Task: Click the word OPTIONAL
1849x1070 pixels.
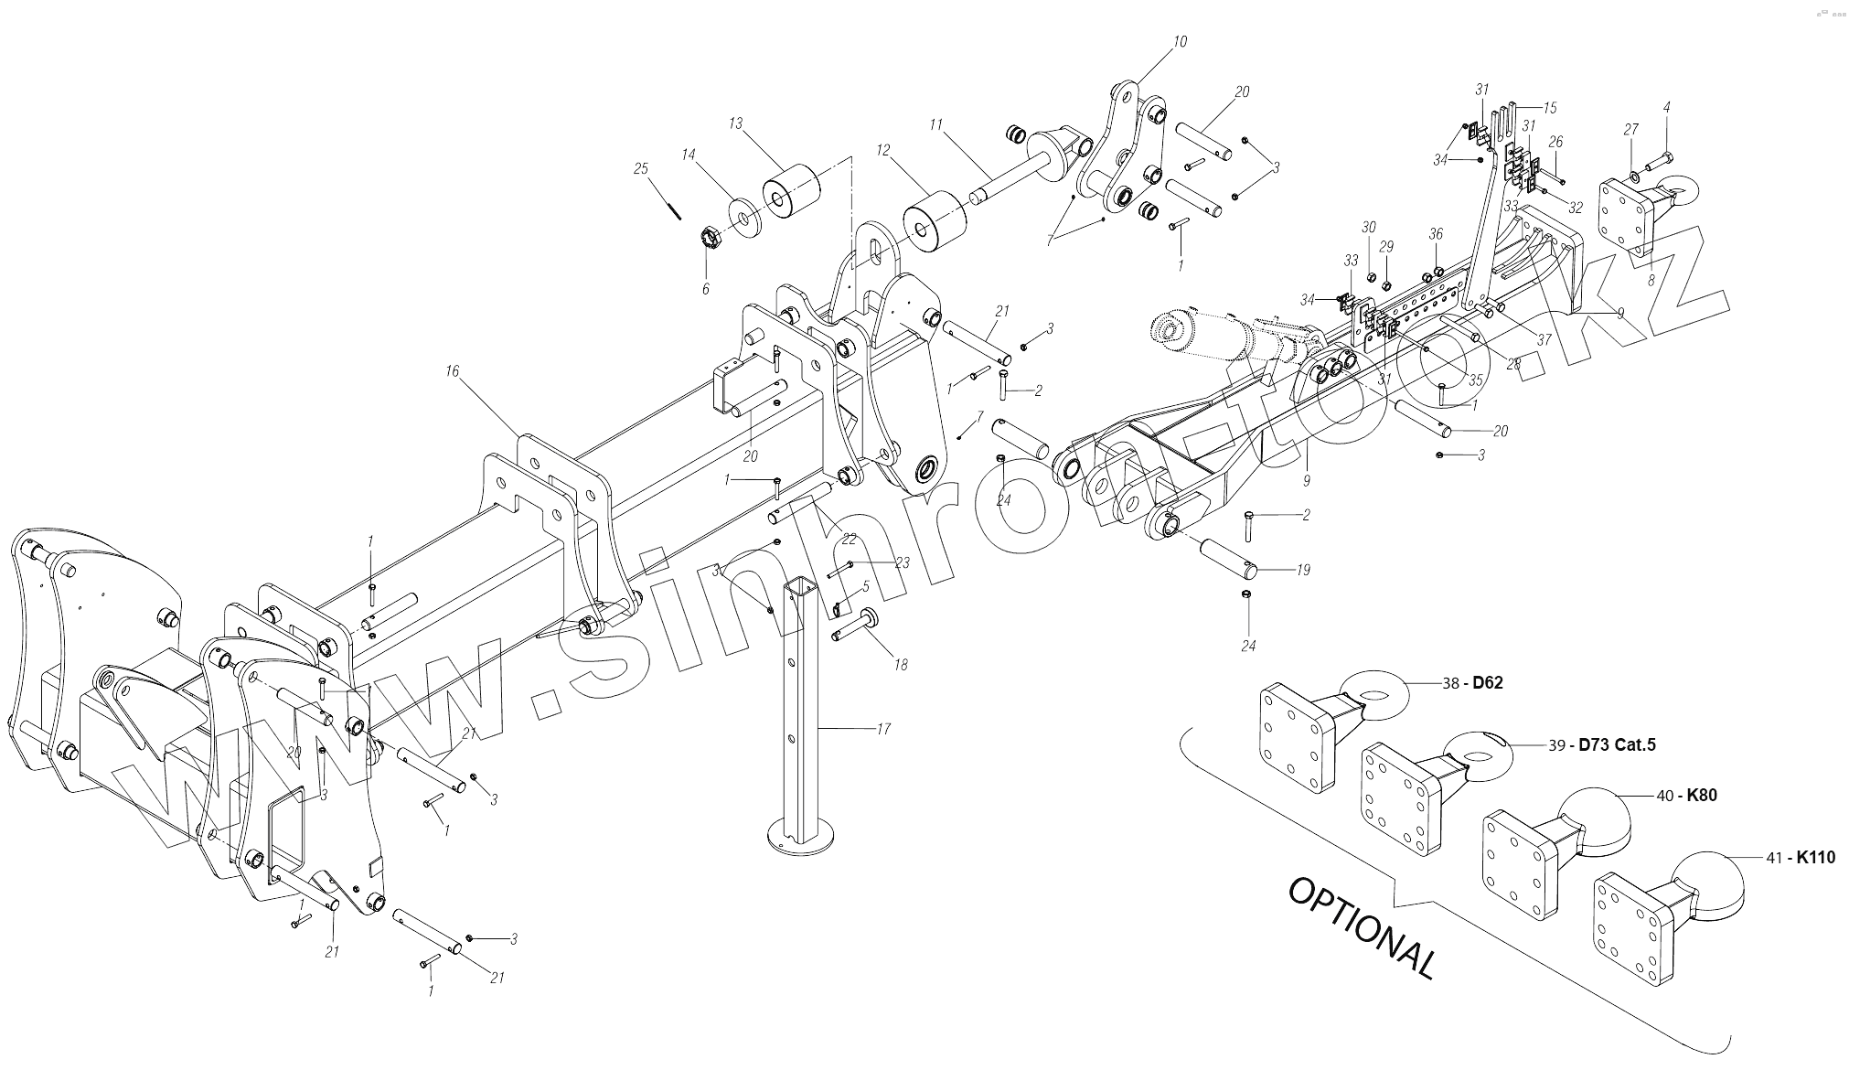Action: pyautogui.click(x=1362, y=927)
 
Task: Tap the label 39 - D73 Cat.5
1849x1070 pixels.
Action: pyautogui.click(x=1600, y=744)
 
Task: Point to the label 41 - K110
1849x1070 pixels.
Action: pyautogui.click(x=1800, y=858)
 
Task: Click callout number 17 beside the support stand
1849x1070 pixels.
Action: pyautogui.click(x=882, y=729)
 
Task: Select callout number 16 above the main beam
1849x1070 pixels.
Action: pyautogui.click(x=452, y=371)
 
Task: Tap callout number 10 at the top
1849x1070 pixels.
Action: pyautogui.click(x=1180, y=41)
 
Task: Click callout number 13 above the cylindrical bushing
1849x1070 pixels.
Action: pyautogui.click(x=736, y=123)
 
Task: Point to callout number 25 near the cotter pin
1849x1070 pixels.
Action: pyautogui.click(x=640, y=168)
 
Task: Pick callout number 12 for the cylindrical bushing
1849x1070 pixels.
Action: pyautogui.click(x=882, y=149)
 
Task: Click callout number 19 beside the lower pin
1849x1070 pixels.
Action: pyautogui.click(x=1303, y=570)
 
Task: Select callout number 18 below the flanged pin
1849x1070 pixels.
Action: pyautogui.click(x=901, y=665)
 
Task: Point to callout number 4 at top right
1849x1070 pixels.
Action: pyautogui.click(x=1667, y=108)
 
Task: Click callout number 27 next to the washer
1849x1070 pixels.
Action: pyautogui.click(x=1631, y=130)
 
